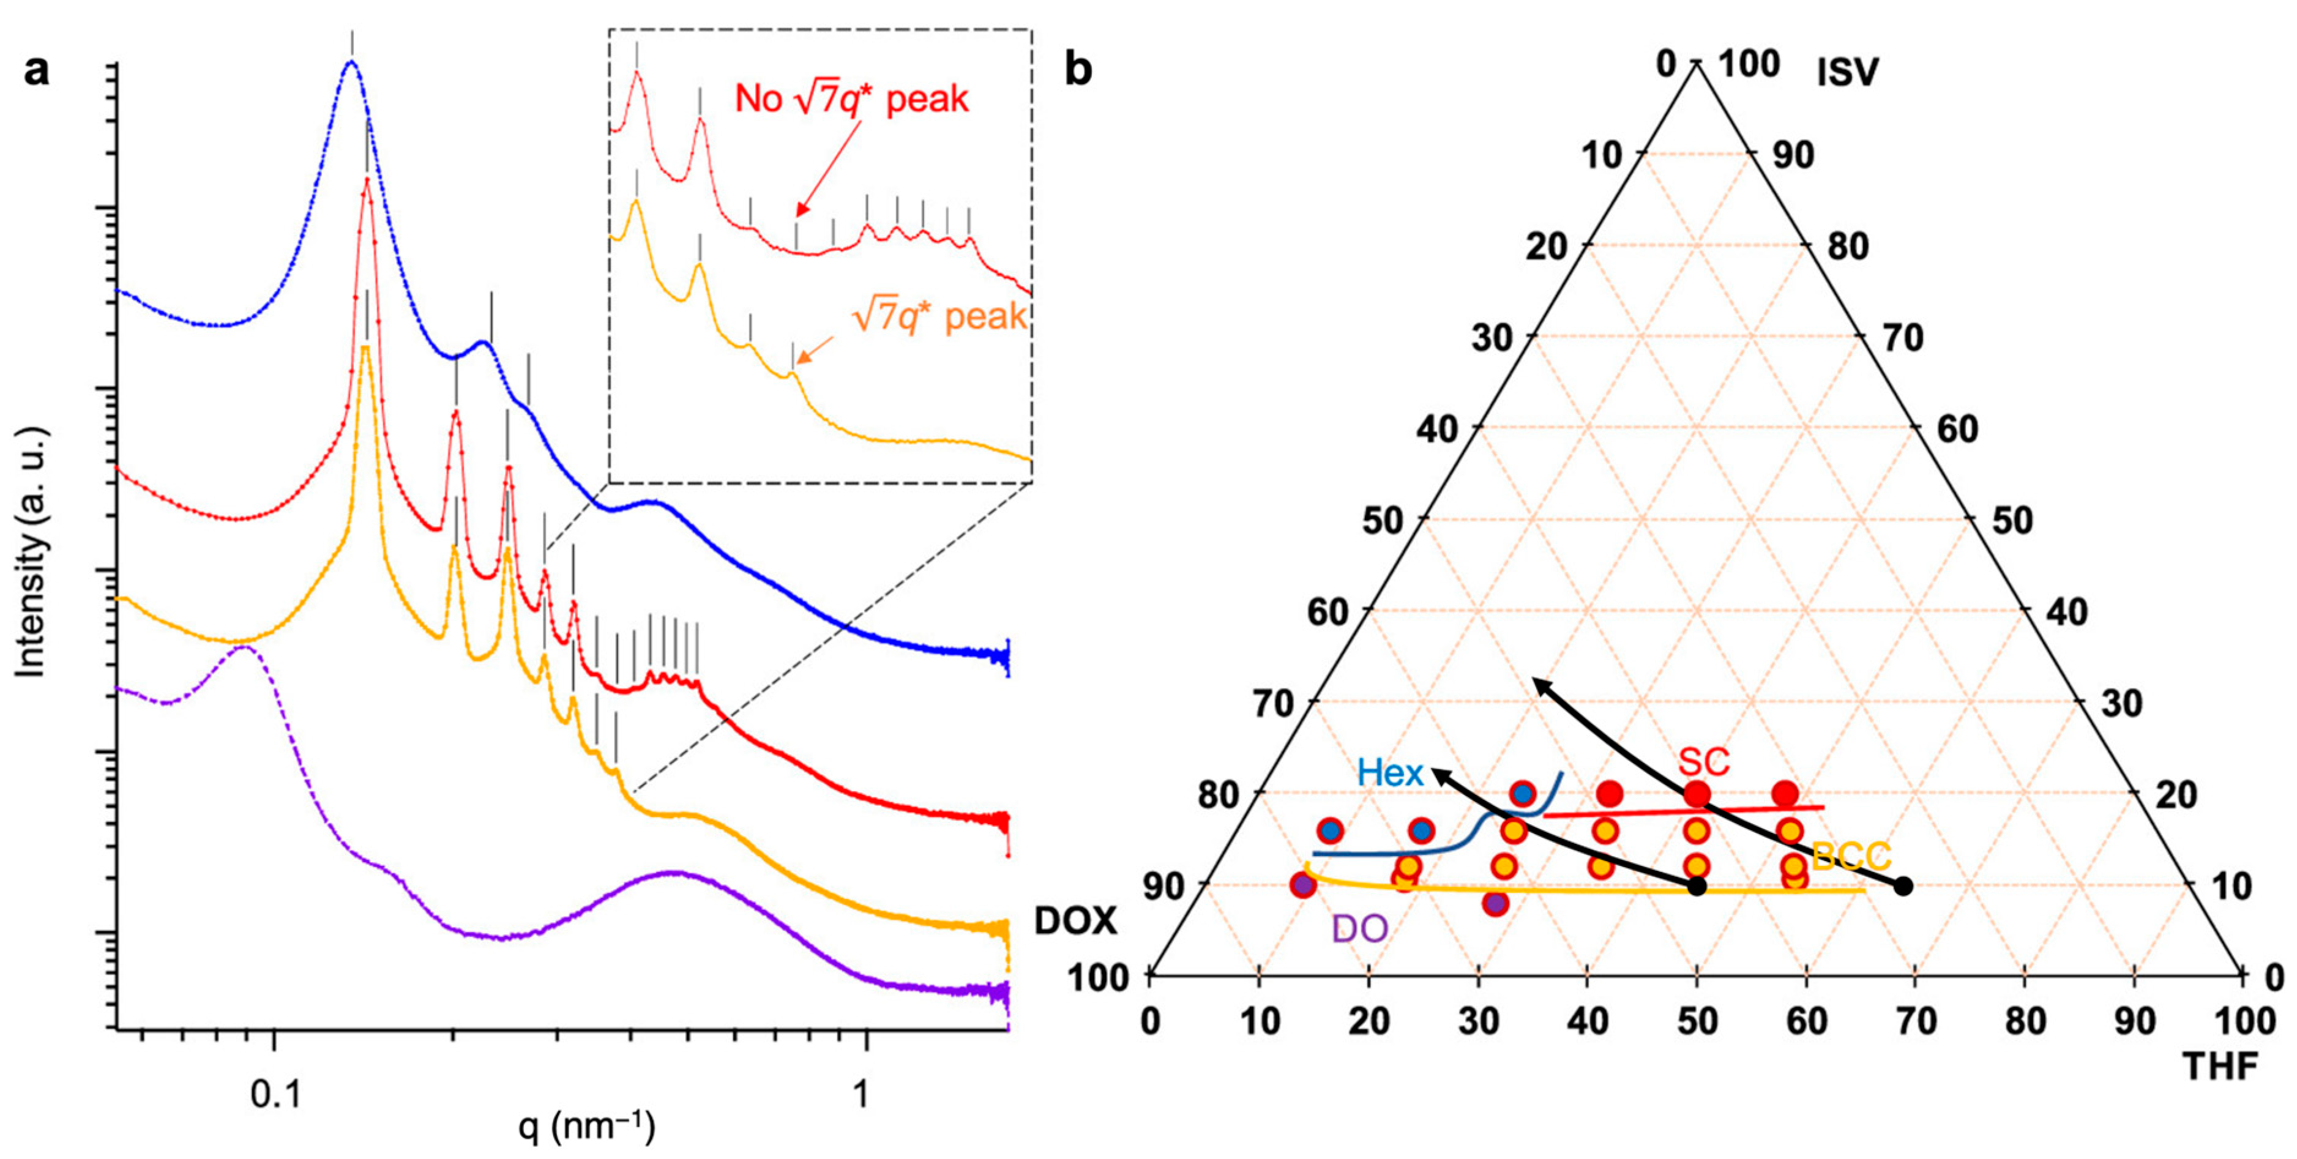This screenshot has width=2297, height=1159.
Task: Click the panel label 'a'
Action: pos(37,70)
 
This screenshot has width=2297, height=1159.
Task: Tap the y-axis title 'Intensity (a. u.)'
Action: pos(31,553)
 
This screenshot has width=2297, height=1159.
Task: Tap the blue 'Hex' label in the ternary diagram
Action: pos(1389,772)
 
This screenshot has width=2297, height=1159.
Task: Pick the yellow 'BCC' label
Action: pos(1851,857)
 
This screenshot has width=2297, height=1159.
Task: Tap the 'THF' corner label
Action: pos(2219,1065)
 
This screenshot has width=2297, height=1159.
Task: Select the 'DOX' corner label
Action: pos(1075,921)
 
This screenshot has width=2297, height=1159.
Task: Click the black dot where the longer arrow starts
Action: pos(1903,886)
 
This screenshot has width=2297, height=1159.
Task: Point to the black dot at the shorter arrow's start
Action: pos(1697,886)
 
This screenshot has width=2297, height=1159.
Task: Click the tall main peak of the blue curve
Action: pos(351,62)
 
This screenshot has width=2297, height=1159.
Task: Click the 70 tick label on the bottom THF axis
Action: pos(1915,1021)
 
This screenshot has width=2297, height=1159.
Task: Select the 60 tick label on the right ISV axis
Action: pos(1958,430)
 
